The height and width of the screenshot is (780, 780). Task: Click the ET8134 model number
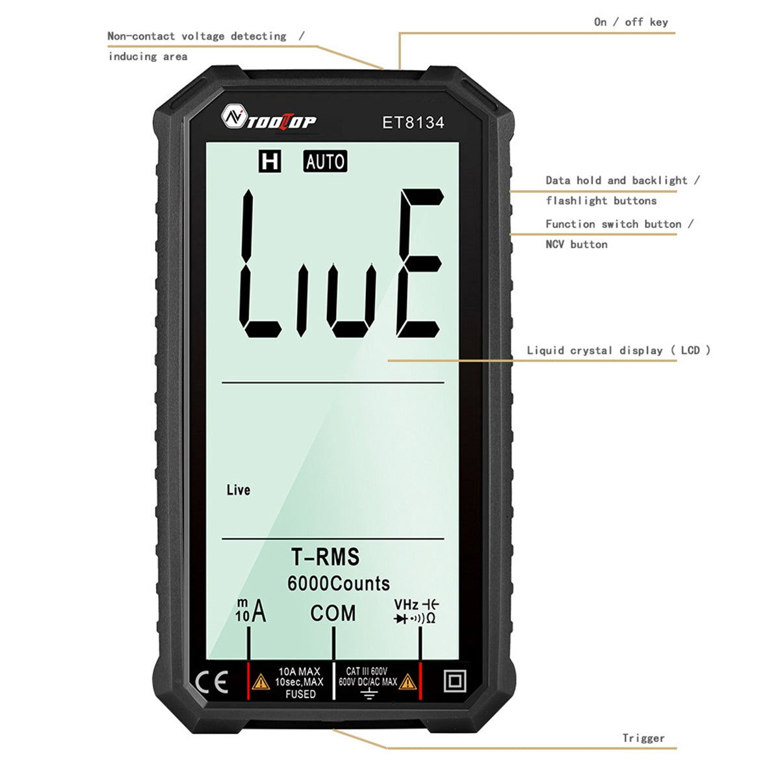[x=413, y=122]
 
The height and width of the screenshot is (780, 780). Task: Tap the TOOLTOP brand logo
[x=269, y=118]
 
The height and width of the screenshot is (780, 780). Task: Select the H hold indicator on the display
[x=269, y=161]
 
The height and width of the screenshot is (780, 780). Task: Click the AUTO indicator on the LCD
[x=325, y=161]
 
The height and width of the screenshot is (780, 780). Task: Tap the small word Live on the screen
[x=238, y=490]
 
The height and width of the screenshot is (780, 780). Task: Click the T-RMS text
[x=325, y=557]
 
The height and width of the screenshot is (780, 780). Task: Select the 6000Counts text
[x=339, y=583]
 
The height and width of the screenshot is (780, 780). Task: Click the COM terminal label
[x=333, y=613]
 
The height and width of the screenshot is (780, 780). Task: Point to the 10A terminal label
[x=251, y=611]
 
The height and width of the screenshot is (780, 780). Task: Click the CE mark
[x=212, y=682]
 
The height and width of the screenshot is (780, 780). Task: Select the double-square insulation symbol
[x=455, y=682]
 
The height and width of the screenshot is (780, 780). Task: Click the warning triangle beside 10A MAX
[x=261, y=682]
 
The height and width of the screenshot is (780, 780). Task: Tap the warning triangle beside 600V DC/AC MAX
[x=408, y=682]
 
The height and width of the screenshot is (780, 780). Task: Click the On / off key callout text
[x=630, y=22]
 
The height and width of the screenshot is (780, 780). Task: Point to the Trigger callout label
[x=643, y=738]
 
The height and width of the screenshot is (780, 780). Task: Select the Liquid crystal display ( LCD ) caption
[x=618, y=350]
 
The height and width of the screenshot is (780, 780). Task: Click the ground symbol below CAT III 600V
[x=369, y=694]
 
